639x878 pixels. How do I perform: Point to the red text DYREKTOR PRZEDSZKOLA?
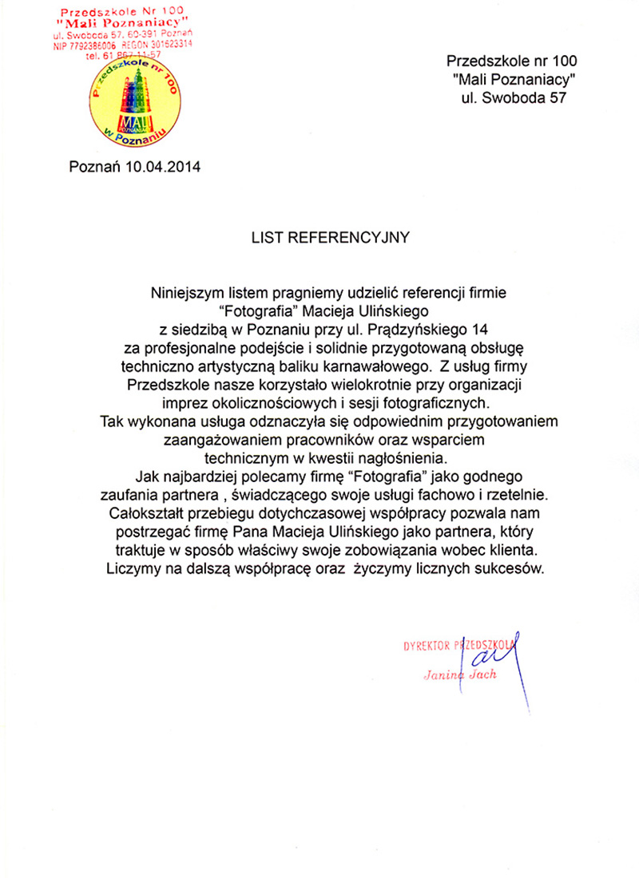coord(459,646)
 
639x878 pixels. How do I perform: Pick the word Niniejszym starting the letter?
coord(186,293)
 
